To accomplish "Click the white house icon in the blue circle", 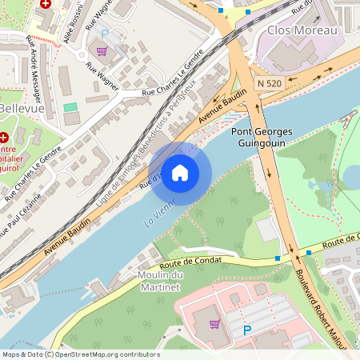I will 180,172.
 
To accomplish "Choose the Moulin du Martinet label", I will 162,282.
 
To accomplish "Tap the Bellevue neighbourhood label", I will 22,108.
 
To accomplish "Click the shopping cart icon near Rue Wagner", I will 102,51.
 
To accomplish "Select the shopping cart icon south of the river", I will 214,324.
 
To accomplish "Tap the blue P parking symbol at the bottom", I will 246,330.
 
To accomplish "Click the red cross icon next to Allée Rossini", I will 46,3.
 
